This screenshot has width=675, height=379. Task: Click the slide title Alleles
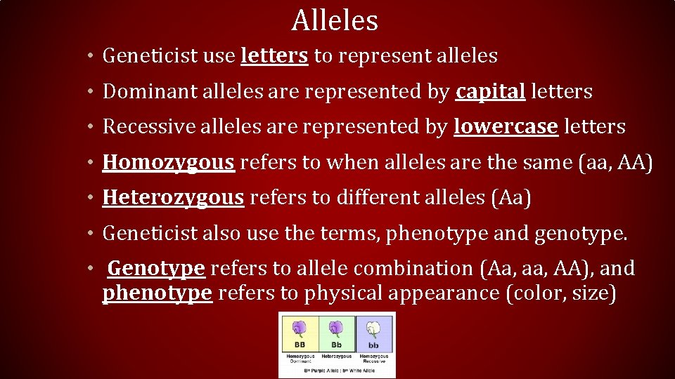335,20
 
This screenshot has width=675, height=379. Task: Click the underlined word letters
274,55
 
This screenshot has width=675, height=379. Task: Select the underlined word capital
490,91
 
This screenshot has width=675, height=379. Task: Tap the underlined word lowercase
506,126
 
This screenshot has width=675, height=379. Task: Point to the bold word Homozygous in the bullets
168,162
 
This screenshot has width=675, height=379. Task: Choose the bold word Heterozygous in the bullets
173,198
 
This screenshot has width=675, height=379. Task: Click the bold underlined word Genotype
156,268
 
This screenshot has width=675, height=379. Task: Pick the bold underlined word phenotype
157,293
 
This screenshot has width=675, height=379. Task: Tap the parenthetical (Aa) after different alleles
509,198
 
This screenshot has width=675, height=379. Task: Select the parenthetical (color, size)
561,293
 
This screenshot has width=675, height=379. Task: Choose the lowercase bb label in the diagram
373,346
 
